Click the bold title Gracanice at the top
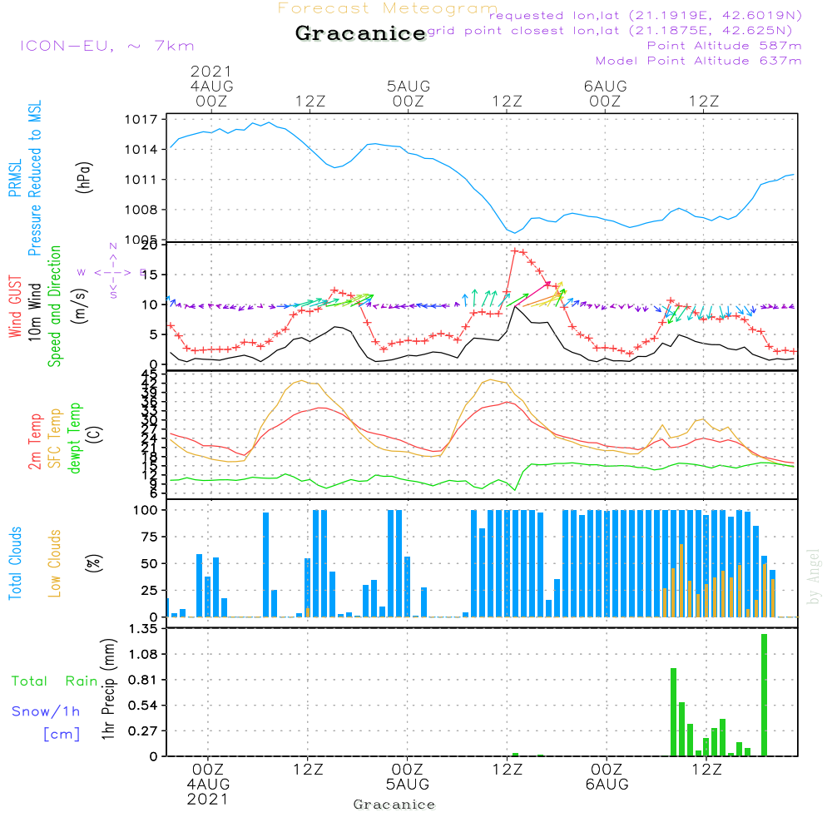[x=360, y=34]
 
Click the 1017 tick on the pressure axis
[x=145, y=120]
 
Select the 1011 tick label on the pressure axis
[x=145, y=180]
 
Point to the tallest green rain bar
[x=764, y=695]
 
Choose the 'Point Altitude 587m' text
[x=724, y=46]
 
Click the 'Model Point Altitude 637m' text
[x=699, y=61]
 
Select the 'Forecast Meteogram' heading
[x=388, y=8]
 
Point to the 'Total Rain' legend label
[x=54, y=681]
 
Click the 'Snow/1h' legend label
[x=47, y=711]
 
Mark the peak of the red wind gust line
[x=515, y=250]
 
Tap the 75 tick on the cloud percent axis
[x=148, y=537]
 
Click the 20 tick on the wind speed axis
[x=149, y=245]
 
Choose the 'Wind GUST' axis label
[x=15, y=306]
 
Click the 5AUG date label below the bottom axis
[x=408, y=785]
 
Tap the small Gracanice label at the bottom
[x=394, y=805]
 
